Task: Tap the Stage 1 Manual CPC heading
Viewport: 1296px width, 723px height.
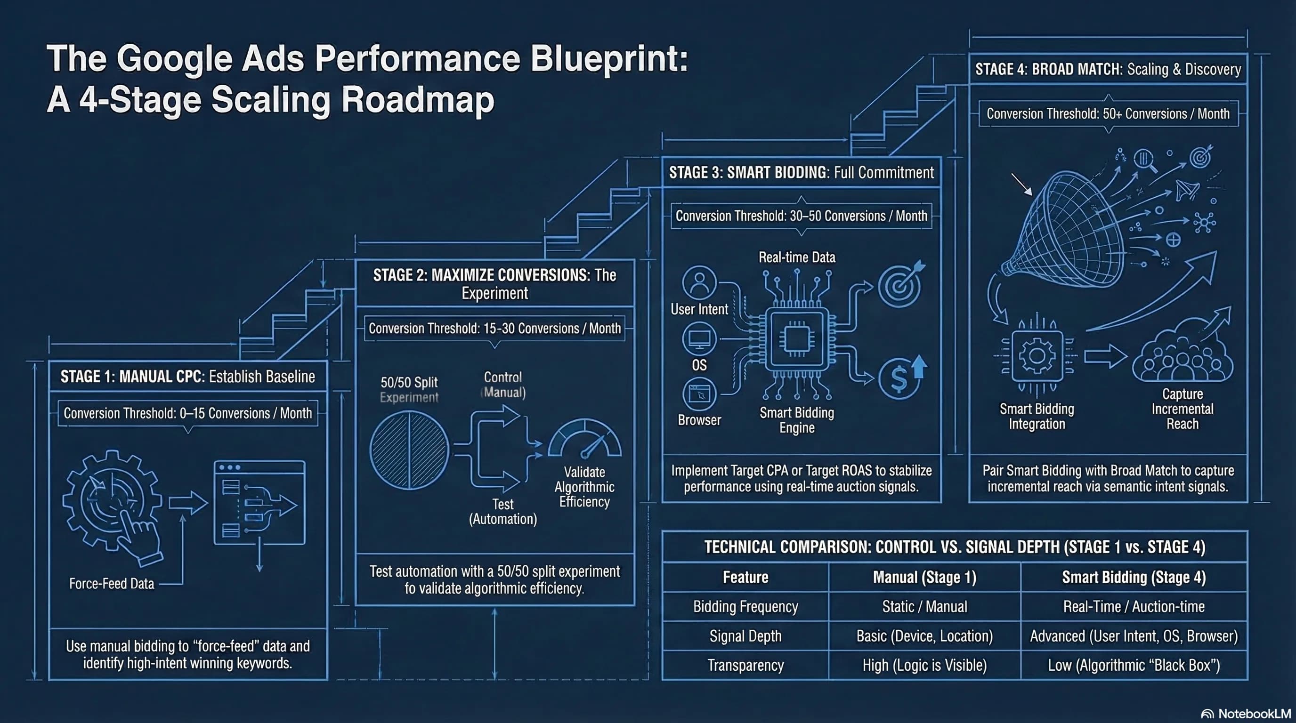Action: pyautogui.click(x=187, y=376)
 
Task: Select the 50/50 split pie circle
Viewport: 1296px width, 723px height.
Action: pyautogui.click(x=409, y=450)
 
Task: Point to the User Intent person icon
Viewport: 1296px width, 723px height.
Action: pyautogui.click(x=699, y=282)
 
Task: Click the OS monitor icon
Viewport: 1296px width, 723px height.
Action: pyautogui.click(x=699, y=339)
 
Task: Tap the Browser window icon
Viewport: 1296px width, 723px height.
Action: pyautogui.click(x=699, y=394)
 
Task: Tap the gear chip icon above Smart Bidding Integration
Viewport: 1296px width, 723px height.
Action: pyautogui.click(x=1037, y=356)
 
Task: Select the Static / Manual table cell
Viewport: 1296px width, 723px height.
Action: pyautogui.click(x=925, y=606)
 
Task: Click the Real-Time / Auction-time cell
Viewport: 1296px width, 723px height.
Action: pyautogui.click(x=1134, y=606)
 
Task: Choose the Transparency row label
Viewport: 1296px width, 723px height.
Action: pyautogui.click(x=745, y=665)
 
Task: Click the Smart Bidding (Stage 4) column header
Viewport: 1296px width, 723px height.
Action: pyautogui.click(x=1134, y=577)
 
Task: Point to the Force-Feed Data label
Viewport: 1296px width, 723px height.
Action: pyautogui.click(x=112, y=583)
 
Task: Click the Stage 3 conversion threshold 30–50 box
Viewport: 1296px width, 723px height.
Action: pyautogui.click(x=801, y=216)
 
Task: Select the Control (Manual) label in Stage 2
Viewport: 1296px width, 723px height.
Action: pyautogui.click(x=503, y=385)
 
